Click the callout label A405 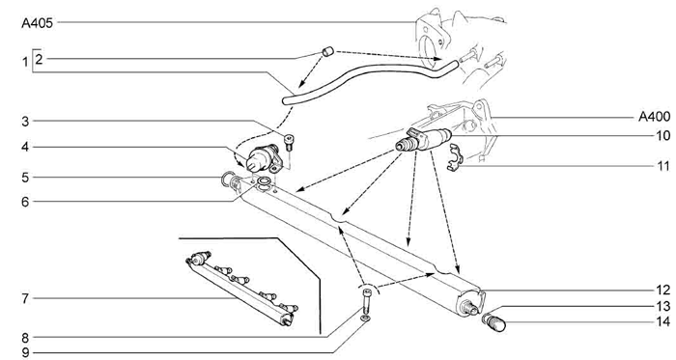[x=37, y=23]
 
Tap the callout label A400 [x=655, y=116]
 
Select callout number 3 [x=25, y=122]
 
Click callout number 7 [x=25, y=298]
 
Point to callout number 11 [x=663, y=166]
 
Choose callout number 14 [x=663, y=321]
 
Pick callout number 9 [x=25, y=352]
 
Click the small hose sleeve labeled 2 [x=328, y=52]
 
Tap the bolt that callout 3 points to [x=289, y=143]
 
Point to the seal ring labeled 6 [x=263, y=182]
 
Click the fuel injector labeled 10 [x=423, y=140]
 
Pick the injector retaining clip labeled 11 [x=454, y=158]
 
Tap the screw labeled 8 [x=366, y=300]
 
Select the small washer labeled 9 [x=366, y=318]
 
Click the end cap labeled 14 [x=493, y=322]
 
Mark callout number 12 [x=663, y=291]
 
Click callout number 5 [x=25, y=178]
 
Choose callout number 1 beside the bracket [x=25, y=62]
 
